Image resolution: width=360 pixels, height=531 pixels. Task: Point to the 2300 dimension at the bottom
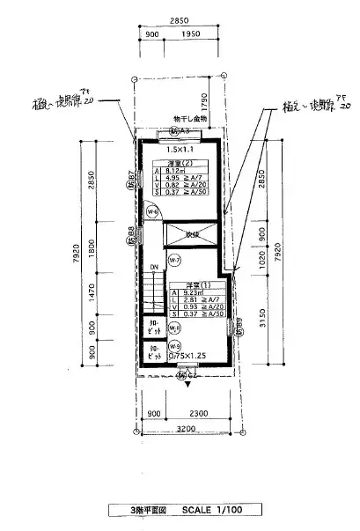point(199,413)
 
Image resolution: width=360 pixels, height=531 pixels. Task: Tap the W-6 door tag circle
point(151,211)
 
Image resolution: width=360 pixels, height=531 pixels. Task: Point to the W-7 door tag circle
point(174,261)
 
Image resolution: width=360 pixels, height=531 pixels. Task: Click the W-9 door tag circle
point(174,345)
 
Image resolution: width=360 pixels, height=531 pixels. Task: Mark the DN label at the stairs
point(152,266)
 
